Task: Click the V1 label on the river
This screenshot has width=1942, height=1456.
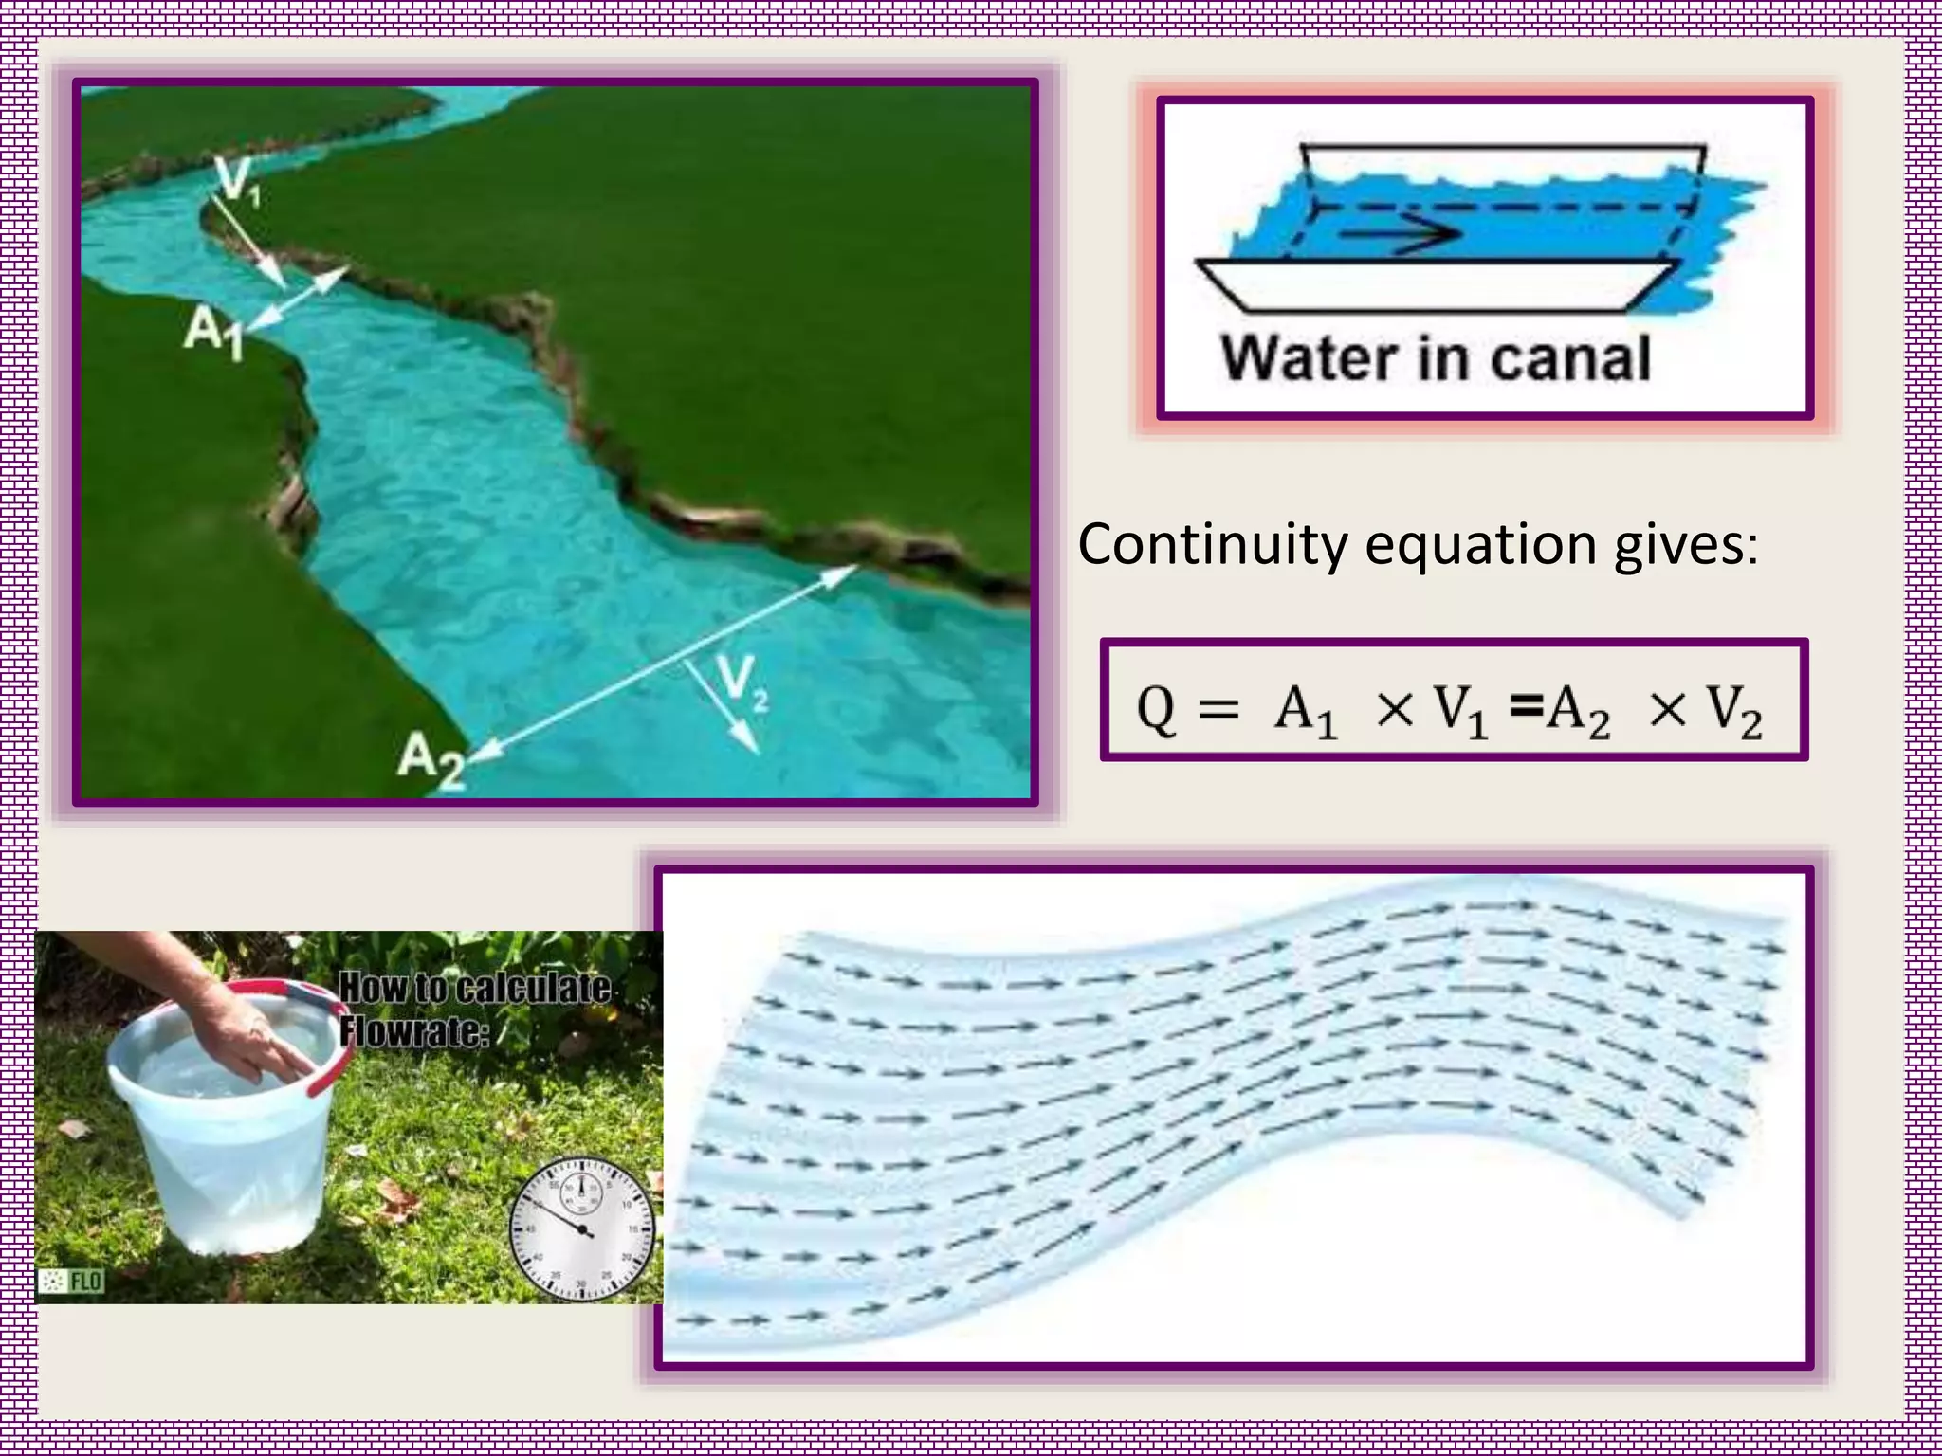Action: click(x=237, y=181)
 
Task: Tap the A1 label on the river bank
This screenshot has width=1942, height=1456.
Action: click(x=214, y=333)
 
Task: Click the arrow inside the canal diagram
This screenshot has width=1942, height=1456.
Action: click(x=1400, y=233)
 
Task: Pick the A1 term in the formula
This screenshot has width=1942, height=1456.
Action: click(x=1305, y=711)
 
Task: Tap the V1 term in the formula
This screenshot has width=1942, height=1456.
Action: click(x=1460, y=711)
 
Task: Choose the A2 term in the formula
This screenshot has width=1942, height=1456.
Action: click(x=1578, y=711)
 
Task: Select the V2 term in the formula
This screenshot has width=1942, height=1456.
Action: click(x=1734, y=711)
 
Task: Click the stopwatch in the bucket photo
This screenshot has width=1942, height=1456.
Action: click(x=581, y=1231)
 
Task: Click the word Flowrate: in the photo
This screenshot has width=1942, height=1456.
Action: click(x=414, y=1031)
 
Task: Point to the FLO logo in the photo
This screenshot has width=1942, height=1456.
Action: click(x=72, y=1282)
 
